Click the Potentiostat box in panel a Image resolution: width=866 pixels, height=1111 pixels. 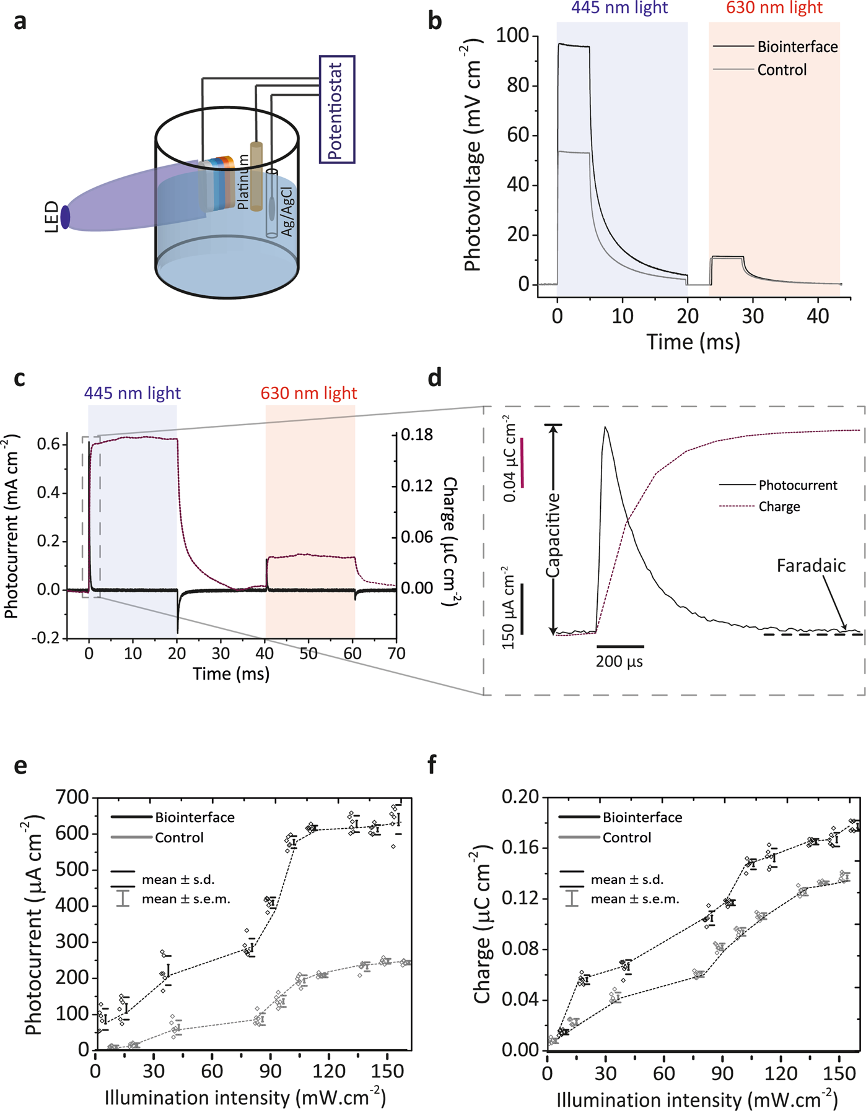point(337,110)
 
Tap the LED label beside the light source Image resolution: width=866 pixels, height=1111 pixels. point(52,217)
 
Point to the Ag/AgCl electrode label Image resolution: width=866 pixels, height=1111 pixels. point(287,210)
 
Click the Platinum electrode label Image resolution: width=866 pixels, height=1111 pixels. point(243,181)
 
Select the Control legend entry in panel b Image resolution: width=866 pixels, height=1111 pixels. point(782,70)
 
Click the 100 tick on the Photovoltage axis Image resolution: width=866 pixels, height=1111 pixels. point(512,36)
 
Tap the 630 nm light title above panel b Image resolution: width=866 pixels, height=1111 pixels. point(774,8)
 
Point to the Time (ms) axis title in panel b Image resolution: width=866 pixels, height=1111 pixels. point(693,342)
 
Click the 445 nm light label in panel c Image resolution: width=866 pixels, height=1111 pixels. point(133,393)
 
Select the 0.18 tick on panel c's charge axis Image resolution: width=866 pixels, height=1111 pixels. point(417,435)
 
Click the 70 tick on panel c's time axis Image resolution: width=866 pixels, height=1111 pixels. point(396,654)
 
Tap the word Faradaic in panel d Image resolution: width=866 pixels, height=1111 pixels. point(811,565)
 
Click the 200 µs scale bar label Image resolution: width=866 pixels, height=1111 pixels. point(619,662)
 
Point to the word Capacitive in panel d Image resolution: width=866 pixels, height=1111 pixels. point(553,535)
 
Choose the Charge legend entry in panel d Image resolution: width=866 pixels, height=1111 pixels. point(779,506)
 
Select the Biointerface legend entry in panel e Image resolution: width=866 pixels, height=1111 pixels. point(195,817)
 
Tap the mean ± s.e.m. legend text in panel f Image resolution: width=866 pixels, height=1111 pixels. point(634,899)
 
